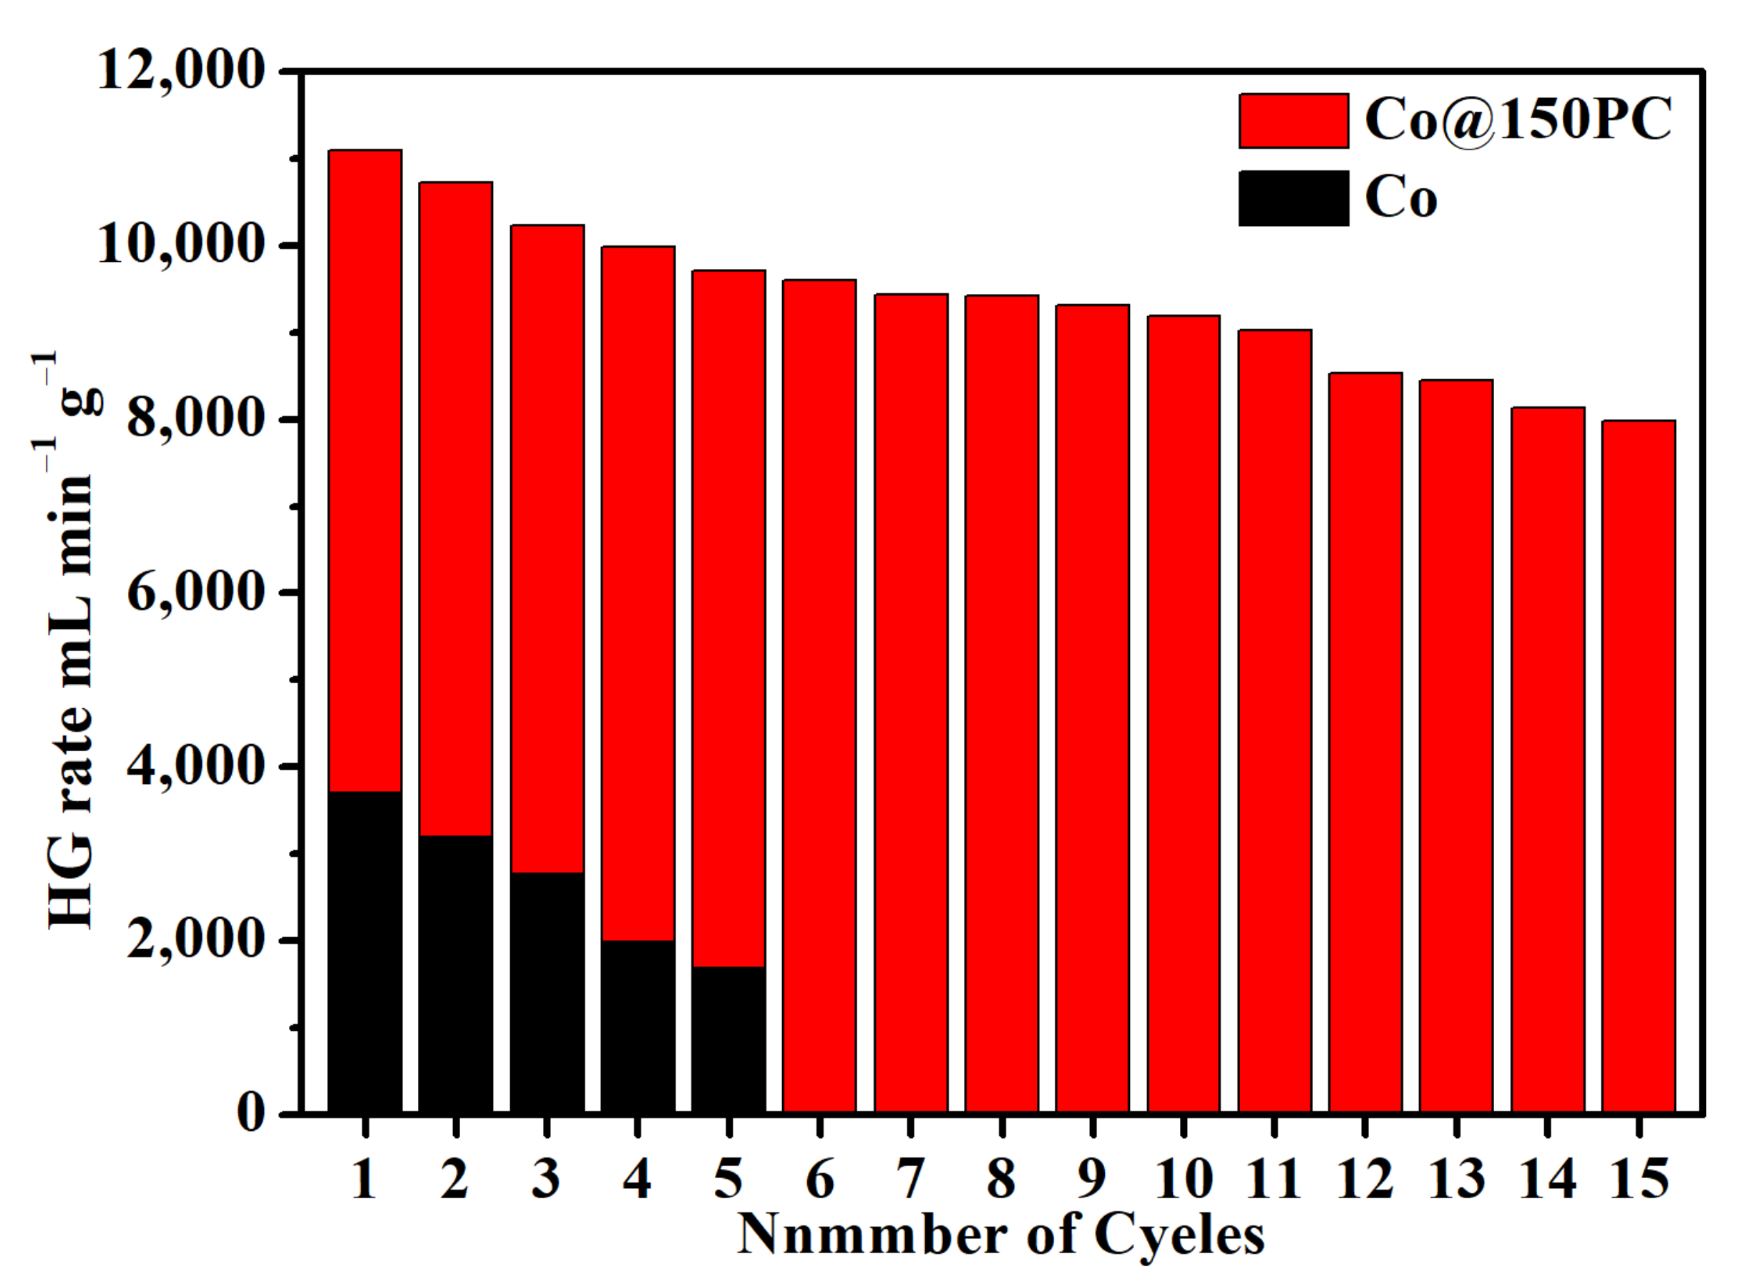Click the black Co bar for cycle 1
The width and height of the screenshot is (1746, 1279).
(365, 952)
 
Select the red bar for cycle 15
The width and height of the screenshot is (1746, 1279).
(1639, 767)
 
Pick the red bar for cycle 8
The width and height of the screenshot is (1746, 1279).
(1001, 705)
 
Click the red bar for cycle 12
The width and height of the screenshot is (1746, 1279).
(1365, 743)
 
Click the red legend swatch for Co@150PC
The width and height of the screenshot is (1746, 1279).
(1293, 121)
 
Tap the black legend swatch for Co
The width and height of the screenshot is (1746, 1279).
(1293, 198)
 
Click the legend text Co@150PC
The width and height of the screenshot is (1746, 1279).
(1518, 121)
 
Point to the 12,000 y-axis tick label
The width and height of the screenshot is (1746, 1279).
(182, 72)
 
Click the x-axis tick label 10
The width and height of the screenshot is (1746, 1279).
(1183, 1181)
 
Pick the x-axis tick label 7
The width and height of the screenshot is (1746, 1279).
(910, 1181)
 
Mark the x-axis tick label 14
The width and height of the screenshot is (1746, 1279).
(1547, 1181)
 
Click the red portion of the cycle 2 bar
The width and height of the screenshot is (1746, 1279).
(455, 504)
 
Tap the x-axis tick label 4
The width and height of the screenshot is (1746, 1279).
(638, 1181)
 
